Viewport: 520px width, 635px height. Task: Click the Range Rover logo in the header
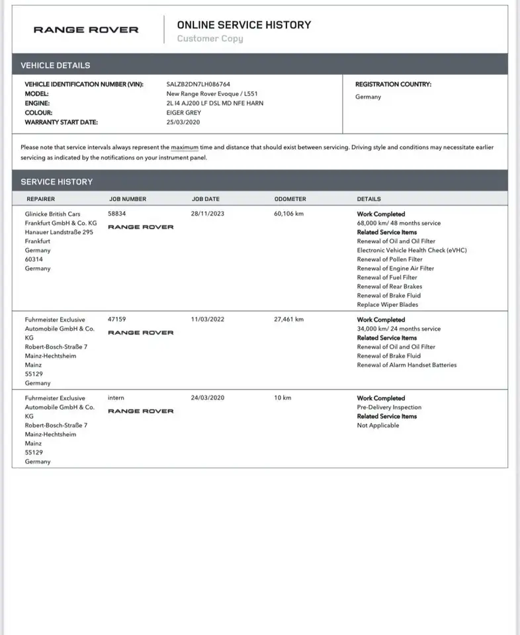tap(86, 30)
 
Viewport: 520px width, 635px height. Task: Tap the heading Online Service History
tap(243, 24)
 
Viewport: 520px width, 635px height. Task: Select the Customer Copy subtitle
tap(210, 38)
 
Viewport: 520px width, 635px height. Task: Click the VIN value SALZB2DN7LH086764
tap(199, 85)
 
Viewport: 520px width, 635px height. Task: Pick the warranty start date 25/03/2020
tap(183, 122)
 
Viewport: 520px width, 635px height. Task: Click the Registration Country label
tap(393, 85)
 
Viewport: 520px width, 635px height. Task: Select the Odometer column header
tap(290, 199)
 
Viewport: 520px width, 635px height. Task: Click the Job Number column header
tap(128, 199)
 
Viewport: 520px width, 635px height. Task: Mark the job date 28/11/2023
tap(208, 214)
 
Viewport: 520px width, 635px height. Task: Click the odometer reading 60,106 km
tap(288, 214)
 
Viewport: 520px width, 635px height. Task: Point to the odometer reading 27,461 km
tap(288, 319)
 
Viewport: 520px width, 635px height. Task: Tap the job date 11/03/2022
tap(208, 319)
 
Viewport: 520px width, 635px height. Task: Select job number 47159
tap(116, 319)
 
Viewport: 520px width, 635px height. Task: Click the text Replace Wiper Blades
tap(387, 305)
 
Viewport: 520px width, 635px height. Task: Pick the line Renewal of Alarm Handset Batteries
tap(406, 365)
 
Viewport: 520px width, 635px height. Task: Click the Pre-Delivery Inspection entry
tap(389, 407)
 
